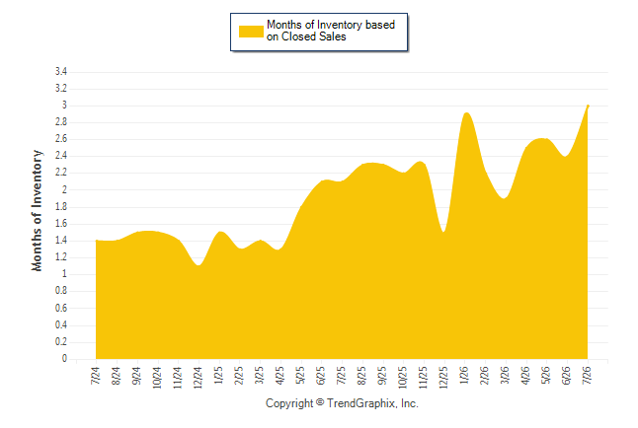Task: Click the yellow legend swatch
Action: point(251,32)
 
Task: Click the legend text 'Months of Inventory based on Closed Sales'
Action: point(331,31)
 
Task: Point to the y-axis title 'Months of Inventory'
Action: point(37,210)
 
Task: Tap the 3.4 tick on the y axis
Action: point(61,72)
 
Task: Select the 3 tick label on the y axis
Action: point(64,106)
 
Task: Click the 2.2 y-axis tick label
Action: point(61,173)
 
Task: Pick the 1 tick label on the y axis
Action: point(64,274)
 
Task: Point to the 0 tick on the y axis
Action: point(64,359)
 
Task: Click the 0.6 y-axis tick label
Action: point(61,308)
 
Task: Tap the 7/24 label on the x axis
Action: point(95,376)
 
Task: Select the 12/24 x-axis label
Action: point(198,378)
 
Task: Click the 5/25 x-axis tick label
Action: point(300,376)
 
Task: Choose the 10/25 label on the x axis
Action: point(402,378)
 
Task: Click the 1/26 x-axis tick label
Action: point(464,376)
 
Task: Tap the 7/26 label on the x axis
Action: point(587,376)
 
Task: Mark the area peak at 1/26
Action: point(466,113)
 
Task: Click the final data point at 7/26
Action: point(588,106)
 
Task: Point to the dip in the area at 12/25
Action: point(443,232)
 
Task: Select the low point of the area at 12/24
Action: point(199,265)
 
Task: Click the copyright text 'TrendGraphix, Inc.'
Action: point(372,403)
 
